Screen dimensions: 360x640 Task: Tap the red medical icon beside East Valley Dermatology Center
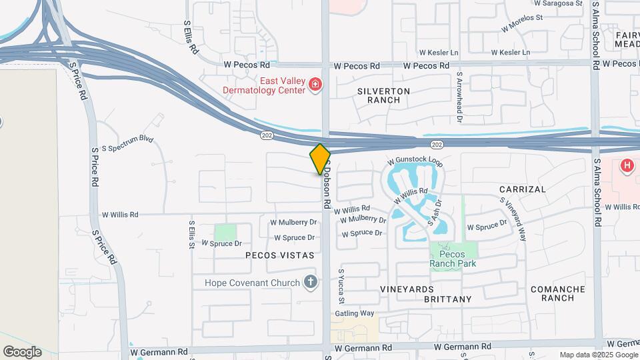pos(315,85)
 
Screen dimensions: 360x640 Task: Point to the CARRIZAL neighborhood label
pos(523,189)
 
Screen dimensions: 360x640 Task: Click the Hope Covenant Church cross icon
pos(310,282)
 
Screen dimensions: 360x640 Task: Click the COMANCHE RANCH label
pos(558,293)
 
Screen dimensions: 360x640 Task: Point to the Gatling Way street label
pos(354,313)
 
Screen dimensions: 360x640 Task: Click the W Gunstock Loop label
pos(415,161)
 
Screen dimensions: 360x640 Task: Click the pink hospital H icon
pos(627,165)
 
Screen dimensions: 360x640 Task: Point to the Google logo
pos(22,352)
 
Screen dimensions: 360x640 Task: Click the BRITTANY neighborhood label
pos(448,299)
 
